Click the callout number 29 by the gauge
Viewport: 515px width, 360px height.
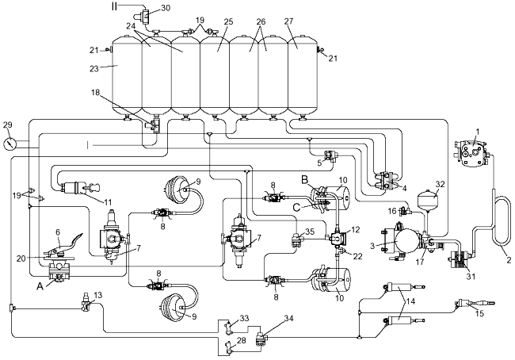(x=9, y=126)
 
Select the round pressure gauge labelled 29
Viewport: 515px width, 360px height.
(x=9, y=145)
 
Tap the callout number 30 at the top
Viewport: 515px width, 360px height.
(x=165, y=8)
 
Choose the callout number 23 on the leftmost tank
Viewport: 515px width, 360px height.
(x=116, y=68)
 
